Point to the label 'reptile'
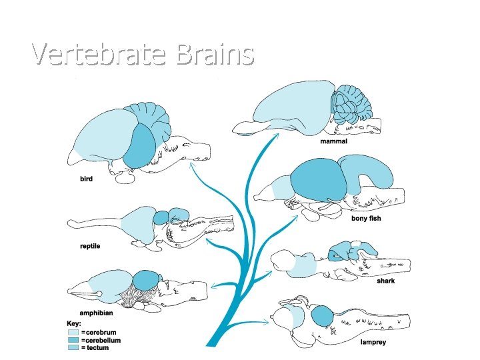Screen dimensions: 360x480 coord(90,246)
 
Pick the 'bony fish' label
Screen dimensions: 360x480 coord(366,219)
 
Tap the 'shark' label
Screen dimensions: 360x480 coord(385,281)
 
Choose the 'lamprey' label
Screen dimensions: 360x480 coord(372,343)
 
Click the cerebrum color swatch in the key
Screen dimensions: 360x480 coord(73,331)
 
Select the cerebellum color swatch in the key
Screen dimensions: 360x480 coord(73,339)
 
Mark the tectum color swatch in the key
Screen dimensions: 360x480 coord(73,347)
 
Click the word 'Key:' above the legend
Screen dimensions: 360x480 coord(74,323)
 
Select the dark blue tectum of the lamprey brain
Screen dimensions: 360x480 coord(322,315)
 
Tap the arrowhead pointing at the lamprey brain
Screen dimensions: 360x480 coord(266,323)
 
